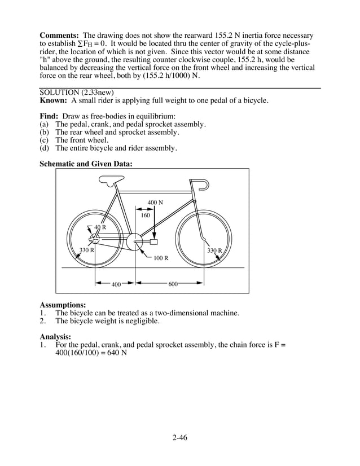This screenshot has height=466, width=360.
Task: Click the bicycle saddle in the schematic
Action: pyautogui.click(x=109, y=180)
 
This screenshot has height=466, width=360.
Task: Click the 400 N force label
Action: pyautogui.click(x=155, y=203)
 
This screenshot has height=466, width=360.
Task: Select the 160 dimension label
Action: pyautogui.click(x=145, y=216)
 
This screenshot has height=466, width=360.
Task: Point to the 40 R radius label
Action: pyautogui.click(x=100, y=227)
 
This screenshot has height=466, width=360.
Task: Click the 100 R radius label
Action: pyautogui.click(x=161, y=258)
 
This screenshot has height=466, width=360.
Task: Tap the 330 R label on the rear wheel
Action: pyautogui.click(x=86, y=250)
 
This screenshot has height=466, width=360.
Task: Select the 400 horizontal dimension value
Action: pyautogui.click(x=116, y=284)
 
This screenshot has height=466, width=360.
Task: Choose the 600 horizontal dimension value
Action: pyautogui.click(x=173, y=284)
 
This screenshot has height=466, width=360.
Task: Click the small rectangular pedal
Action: pyautogui.click(x=153, y=242)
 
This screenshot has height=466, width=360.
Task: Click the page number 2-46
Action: pyautogui.click(x=179, y=437)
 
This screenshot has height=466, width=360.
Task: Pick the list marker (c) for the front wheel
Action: pyautogui.click(x=44, y=140)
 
